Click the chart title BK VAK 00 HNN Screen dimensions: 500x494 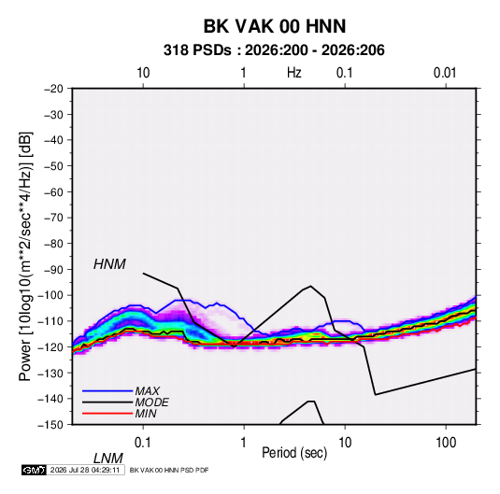tap(275, 26)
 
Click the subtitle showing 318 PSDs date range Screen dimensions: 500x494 tap(274, 50)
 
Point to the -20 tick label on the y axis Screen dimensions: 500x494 tap(53, 89)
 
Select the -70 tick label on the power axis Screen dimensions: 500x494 tap(53, 218)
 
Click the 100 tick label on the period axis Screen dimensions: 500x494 tap(446, 443)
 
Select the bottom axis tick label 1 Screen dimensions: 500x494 tap(244, 443)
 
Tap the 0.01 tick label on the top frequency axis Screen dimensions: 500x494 tap(445, 73)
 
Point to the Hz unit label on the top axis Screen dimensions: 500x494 tap(294, 73)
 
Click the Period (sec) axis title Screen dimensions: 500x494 tap(294, 453)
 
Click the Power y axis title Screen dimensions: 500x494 tap(25, 257)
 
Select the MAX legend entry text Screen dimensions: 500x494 tap(148, 390)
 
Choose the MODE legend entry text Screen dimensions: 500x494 tap(151, 402)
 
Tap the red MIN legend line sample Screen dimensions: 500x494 tap(107, 414)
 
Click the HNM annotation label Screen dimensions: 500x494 tap(109, 264)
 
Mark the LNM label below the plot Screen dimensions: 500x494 tap(108, 459)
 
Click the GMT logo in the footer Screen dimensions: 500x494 tap(34, 470)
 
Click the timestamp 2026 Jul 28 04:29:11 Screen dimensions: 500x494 tap(85, 470)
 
